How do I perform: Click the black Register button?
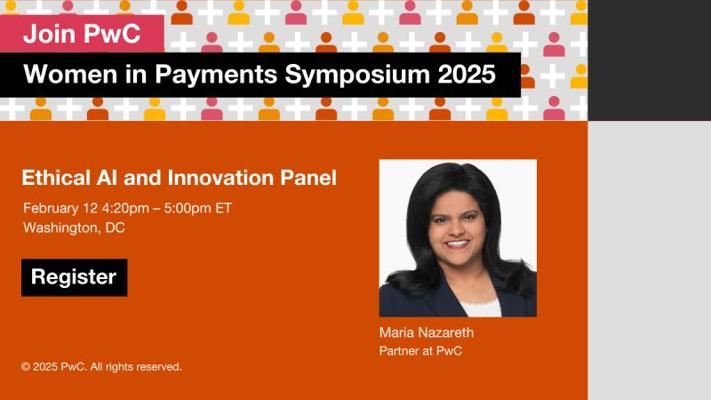point(74,278)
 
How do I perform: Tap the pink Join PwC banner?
point(82,34)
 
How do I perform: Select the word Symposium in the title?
point(357,74)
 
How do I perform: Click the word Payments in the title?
point(216,75)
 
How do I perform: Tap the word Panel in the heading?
point(308,177)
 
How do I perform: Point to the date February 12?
point(60,208)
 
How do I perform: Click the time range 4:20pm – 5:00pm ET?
point(167,208)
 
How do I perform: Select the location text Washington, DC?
point(74,228)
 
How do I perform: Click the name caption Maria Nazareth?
point(426,332)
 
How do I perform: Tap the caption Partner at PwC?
point(421,351)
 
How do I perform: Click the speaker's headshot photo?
point(458,238)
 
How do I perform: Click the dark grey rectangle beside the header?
point(649,60)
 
